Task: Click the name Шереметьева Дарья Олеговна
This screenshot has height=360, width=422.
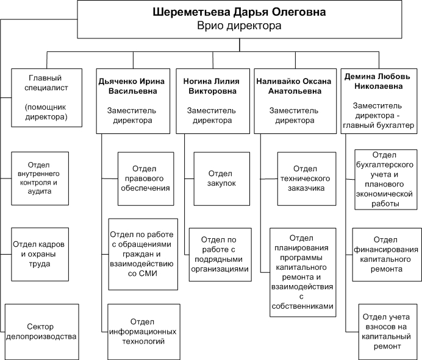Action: pos(239,12)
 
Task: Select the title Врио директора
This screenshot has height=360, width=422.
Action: pos(239,26)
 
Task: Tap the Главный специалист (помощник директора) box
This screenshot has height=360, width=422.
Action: pos(46,97)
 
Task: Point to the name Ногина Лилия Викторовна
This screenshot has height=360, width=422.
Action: pos(212,86)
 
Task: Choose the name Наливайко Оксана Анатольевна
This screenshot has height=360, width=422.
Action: pos(295,86)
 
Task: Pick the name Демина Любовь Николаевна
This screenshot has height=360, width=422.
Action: pos(377,82)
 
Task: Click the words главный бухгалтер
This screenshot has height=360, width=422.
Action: pos(379,125)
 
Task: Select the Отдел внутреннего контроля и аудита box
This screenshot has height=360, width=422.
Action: pos(40,178)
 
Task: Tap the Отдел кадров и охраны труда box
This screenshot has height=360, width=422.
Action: pos(40,255)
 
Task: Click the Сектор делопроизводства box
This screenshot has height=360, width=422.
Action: pos(41,332)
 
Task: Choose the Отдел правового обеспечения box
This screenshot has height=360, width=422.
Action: pos(146,179)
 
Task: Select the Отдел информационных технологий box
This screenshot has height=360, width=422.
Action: pos(144,332)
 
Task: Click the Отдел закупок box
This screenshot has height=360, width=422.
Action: pos(222,179)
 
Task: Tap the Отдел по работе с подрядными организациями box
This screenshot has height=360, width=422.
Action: pos(220,255)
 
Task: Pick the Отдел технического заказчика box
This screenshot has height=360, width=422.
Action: pos(307,179)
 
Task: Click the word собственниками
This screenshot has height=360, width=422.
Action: pos(302,306)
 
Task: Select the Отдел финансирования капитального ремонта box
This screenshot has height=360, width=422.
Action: pos(387,255)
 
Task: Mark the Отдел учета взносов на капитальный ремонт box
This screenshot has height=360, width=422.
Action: pos(388,332)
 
